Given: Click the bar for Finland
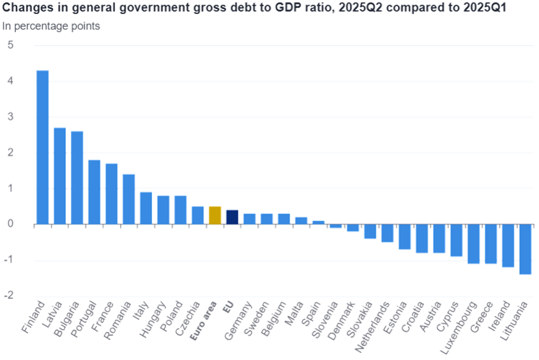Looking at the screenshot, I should click(43, 147).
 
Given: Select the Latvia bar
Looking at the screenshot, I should click(60, 176).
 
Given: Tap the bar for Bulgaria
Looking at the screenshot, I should click(77, 177).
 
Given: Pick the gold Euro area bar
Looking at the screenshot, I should click(215, 215).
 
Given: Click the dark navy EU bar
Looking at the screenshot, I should click(232, 217).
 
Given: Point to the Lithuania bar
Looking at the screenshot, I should click(525, 250).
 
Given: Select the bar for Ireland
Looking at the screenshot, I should click(508, 246).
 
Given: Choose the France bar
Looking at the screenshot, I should click(112, 193).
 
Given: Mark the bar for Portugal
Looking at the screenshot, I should click(95, 191).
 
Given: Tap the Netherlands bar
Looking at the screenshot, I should click(387, 234).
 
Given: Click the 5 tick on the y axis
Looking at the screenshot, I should click(11, 46).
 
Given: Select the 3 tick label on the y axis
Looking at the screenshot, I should click(11, 117).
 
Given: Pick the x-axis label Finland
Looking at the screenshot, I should click(33, 317).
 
